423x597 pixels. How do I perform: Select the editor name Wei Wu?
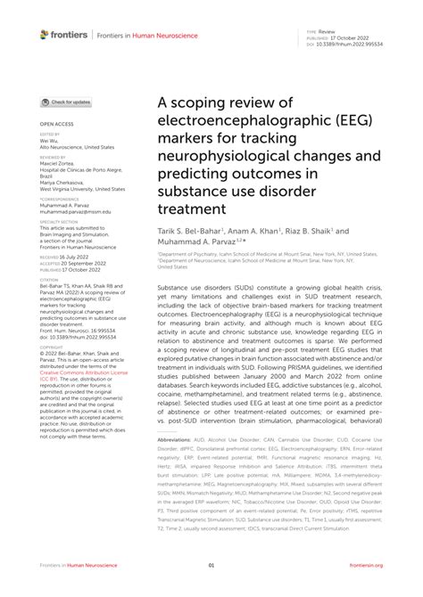point(50,141)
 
